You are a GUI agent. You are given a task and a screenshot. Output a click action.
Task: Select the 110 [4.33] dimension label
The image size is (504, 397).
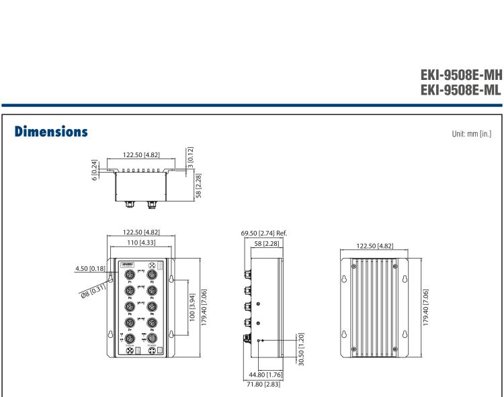[x=141, y=242]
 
